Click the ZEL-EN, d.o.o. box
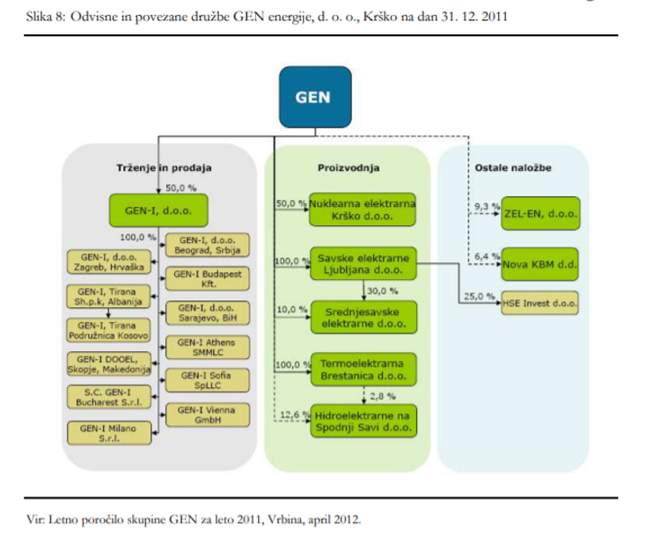click(538, 211)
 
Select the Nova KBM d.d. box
click(539, 262)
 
